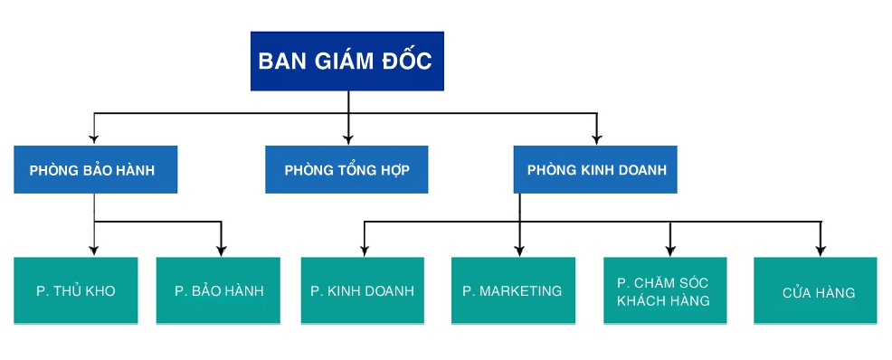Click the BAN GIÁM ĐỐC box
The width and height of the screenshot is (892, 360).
pos(346,61)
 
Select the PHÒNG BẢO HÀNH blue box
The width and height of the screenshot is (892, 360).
pos(95,170)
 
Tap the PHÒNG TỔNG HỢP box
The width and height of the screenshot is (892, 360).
pos(346,170)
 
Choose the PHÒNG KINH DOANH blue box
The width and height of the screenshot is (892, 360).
pos(595,170)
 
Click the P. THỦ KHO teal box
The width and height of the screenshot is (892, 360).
pos(76,291)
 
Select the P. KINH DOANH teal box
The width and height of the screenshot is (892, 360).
pos(362,291)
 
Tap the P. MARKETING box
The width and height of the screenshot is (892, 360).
pos(513,291)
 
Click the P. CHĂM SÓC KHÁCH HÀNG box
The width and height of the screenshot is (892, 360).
pos(663,291)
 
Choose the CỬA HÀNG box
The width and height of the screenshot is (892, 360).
pos(815,291)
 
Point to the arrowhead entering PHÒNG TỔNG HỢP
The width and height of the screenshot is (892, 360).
pos(347,139)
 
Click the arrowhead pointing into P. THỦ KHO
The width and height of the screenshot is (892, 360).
pos(95,251)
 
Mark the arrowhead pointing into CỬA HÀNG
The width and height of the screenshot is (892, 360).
pos(820,251)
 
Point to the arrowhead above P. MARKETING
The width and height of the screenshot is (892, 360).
pos(519,251)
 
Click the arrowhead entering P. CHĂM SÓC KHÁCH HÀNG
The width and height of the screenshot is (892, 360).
pos(669,251)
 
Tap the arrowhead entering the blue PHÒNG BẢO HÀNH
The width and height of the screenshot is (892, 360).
pos(95,139)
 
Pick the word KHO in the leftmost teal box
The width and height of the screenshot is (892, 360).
pos(99,291)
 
